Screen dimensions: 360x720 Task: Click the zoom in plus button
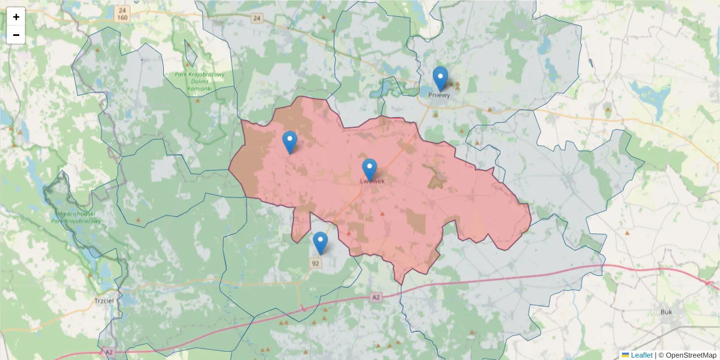click(x=16, y=17)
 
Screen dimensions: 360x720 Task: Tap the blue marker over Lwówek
click(x=370, y=170)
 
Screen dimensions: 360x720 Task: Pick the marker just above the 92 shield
click(x=320, y=242)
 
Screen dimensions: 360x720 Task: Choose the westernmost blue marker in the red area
click(x=290, y=142)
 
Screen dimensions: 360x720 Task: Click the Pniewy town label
click(x=439, y=95)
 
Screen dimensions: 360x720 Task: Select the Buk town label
click(x=666, y=311)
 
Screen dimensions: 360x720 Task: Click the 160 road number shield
click(x=122, y=18)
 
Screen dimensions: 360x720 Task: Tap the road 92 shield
click(x=316, y=263)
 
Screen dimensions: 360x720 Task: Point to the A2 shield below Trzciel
click(x=109, y=352)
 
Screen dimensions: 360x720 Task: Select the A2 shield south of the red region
click(x=376, y=297)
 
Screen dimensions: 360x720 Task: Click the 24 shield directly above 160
click(x=122, y=10)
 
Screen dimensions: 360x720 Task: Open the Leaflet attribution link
click(x=641, y=355)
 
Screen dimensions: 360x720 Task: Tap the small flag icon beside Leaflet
click(x=625, y=355)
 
